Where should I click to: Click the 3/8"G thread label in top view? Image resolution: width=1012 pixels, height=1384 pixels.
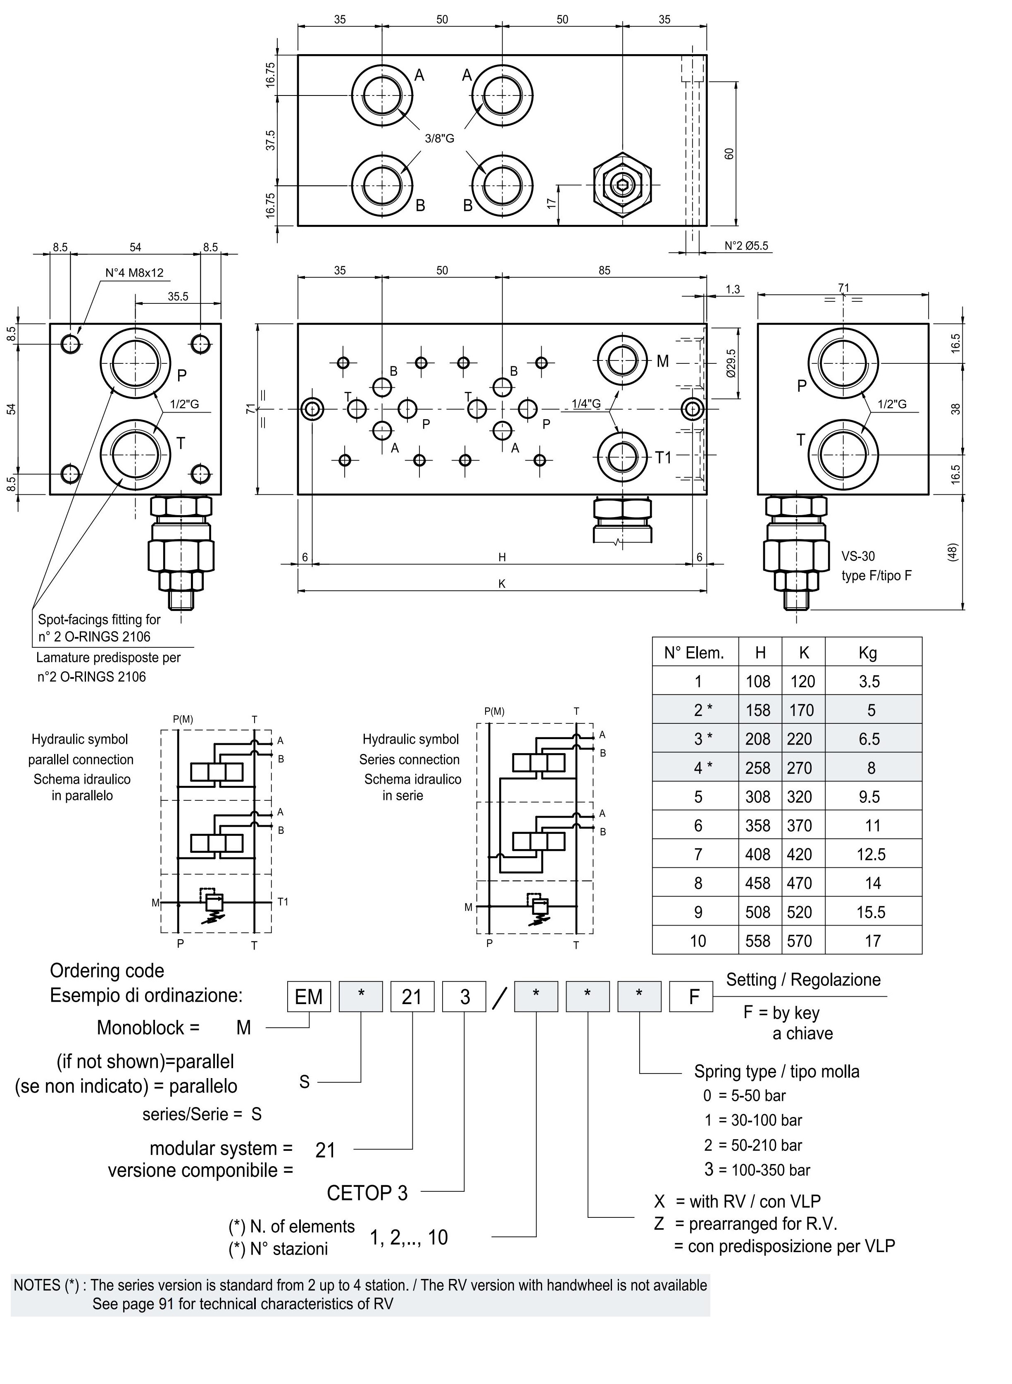pyautogui.click(x=439, y=138)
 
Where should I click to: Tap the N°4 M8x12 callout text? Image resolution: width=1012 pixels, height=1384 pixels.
pyautogui.click(x=134, y=273)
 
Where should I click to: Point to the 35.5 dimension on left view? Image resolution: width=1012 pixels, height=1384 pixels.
pyautogui.click(x=178, y=296)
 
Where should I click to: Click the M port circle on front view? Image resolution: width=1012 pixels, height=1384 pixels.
pyautogui.click(x=622, y=360)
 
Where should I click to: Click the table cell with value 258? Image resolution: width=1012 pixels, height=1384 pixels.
pyautogui.click(x=758, y=768)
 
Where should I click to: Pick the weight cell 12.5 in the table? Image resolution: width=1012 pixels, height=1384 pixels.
pyautogui.click(x=871, y=854)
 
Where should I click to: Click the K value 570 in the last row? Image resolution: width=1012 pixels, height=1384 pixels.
pyautogui.click(x=800, y=941)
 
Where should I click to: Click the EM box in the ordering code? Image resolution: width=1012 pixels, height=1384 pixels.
pyautogui.click(x=309, y=997)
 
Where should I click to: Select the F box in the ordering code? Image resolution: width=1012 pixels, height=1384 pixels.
pyautogui.click(x=693, y=997)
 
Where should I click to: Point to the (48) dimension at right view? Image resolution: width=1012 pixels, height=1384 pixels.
pyautogui.click(x=952, y=551)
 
